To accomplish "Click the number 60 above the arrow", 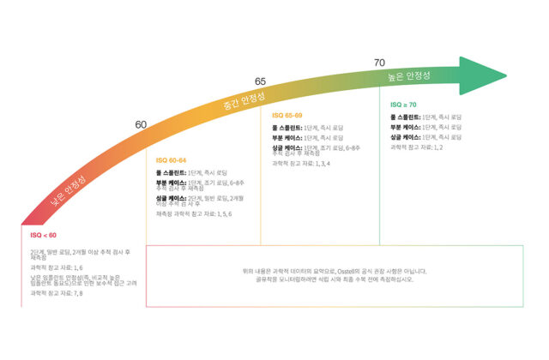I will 142,125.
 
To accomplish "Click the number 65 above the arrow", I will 261,81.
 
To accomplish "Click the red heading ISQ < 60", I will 43,235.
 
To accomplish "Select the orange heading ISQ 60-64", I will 171,160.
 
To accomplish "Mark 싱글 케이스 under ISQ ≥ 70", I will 405,137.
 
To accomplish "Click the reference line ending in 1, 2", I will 416,147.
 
